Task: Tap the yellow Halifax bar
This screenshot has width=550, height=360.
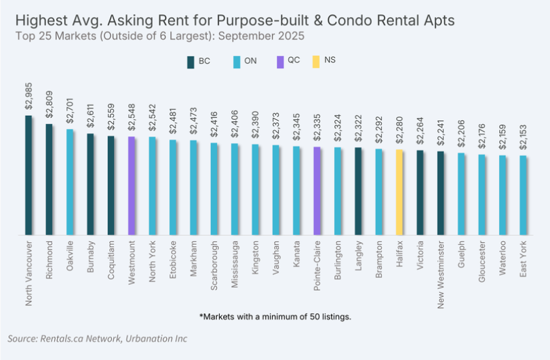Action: pos(399,193)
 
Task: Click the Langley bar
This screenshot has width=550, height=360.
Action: pos(358,192)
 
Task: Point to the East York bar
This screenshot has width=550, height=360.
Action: pos(523,196)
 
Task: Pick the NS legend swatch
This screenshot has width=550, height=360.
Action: pos(317,61)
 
